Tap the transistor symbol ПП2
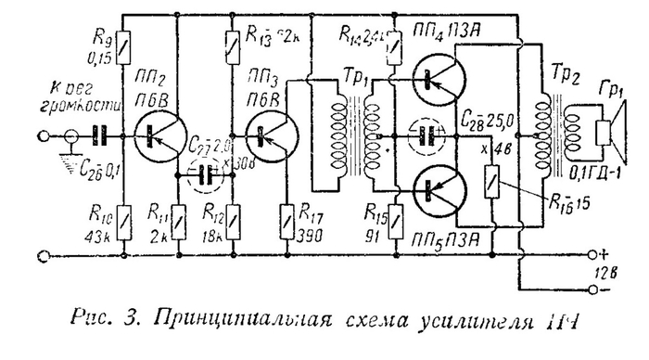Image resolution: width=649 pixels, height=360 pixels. point(150,135)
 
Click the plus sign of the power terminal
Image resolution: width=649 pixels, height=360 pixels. point(604,252)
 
